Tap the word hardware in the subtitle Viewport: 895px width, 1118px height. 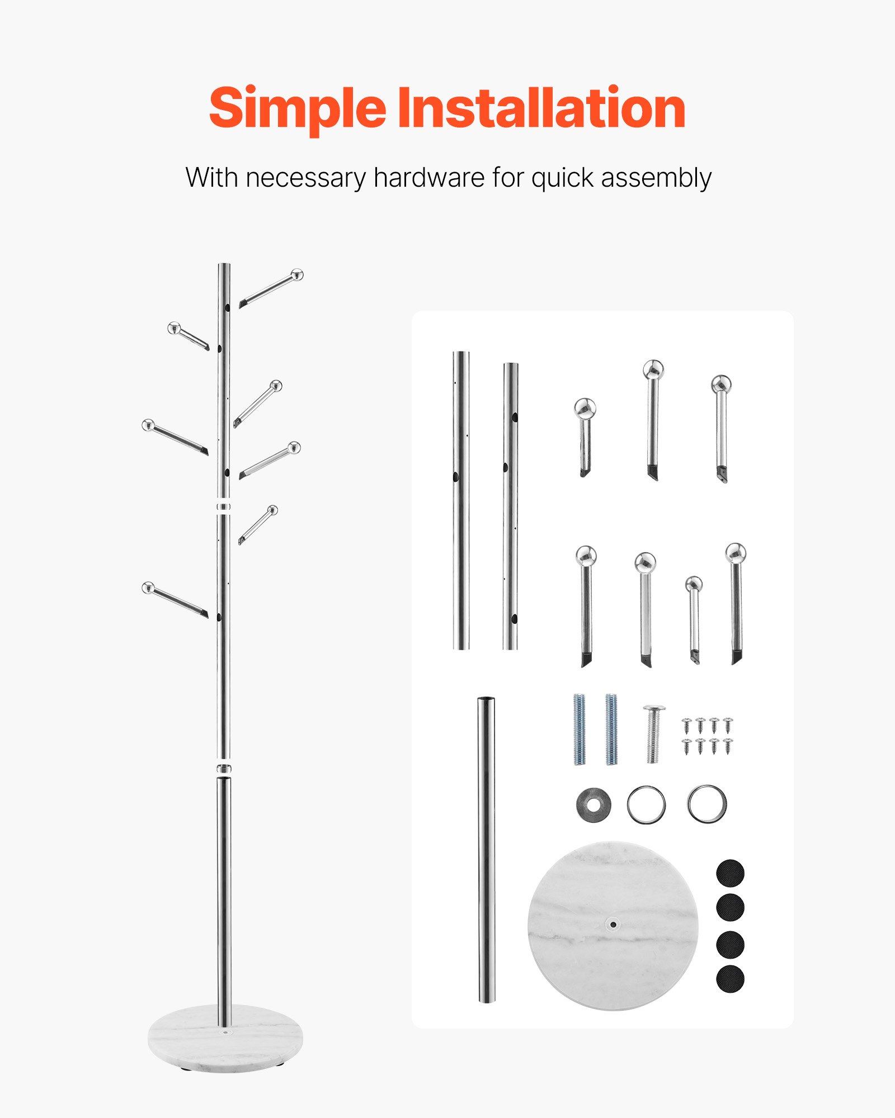coord(429,178)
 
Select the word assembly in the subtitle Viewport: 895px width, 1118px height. coord(656,178)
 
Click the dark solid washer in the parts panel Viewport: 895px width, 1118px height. coord(593,804)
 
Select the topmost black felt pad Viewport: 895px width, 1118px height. coord(730,873)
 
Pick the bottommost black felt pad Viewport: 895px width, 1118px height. coord(730,979)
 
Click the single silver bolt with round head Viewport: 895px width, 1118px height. coord(653,733)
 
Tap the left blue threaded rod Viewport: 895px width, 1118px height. coord(580,729)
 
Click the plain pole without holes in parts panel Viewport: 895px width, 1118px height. coord(486,850)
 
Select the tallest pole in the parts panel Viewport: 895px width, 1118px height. coord(460,500)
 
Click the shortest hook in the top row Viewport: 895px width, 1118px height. coord(585,436)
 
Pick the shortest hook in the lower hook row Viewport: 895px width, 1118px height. coord(694,618)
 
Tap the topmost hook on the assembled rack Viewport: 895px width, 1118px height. coord(272,289)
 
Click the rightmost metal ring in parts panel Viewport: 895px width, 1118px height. coord(707,804)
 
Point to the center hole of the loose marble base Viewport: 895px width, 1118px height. coord(613,925)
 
